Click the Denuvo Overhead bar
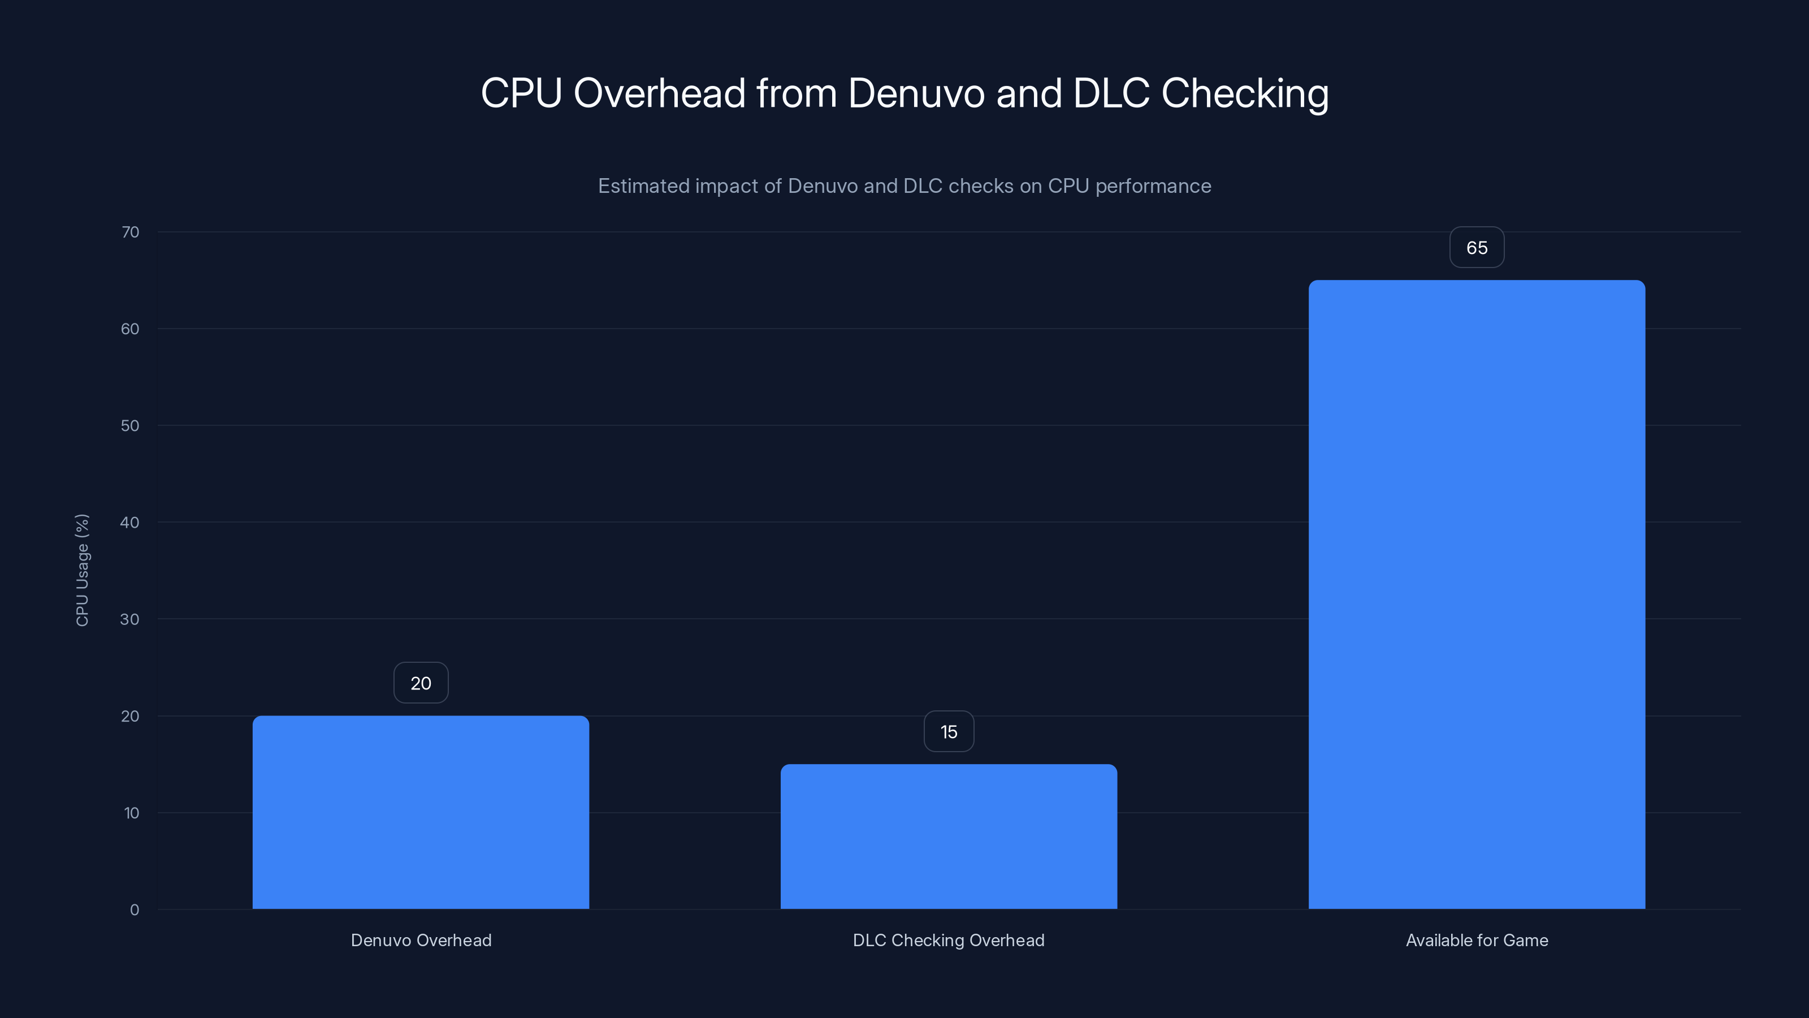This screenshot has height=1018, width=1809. [421, 812]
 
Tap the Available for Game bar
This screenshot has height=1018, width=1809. [1477, 594]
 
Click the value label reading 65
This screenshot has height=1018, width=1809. [1477, 247]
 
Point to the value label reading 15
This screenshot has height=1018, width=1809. [949, 731]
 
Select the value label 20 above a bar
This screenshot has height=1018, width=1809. [421, 683]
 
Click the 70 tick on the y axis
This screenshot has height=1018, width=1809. [130, 232]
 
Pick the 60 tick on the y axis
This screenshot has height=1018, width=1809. [130, 329]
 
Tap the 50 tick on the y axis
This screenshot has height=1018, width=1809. [130, 426]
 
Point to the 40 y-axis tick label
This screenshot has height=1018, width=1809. [130, 522]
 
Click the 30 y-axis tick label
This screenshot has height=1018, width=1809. [130, 619]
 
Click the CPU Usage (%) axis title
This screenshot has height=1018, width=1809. [82, 570]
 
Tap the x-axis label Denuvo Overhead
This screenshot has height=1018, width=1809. [421, 940]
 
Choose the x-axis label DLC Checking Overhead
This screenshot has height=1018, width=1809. [949, 940]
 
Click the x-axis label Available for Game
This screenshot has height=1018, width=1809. [1477, 940]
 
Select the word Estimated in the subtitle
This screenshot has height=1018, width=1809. [643, 186]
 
